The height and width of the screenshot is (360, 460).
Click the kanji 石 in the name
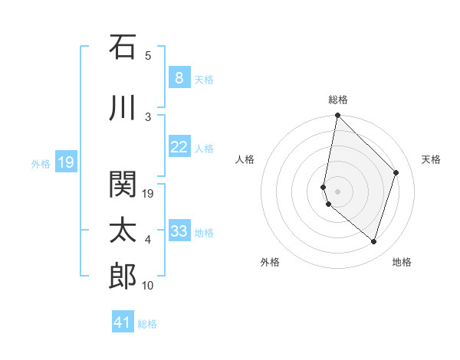pyautogui.click(x=123, y=47)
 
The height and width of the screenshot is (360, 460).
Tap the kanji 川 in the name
pyautogui.click(x=123, y=109)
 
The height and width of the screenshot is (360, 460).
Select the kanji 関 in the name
pyautogui.click(x=123, y=185)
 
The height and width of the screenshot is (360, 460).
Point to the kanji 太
pyautogui.click(x=123, y=230)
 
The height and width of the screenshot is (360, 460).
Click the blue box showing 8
pyautogui.click(x=179, y=77)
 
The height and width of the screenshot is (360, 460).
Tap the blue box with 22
pyautogui.click(x=179, y=147)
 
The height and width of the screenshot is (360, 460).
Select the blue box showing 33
pyautogui.click(x=179, y=231)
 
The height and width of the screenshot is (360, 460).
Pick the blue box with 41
pyautogui.click(x=123, y=322)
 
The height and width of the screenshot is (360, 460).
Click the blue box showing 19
pyautogui.click(x=65, y=162)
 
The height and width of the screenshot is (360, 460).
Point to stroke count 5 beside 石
pyautogui.click(x=148, y=56)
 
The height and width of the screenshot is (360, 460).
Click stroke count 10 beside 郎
pyautogui.click(x=148, y=286)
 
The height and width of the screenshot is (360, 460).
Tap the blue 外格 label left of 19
pyautogui.click(x=41, y=163)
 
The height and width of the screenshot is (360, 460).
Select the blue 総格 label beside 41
pyautogui.click(x=147, y=324)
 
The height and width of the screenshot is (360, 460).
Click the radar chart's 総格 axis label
pyautogui.click(x=338, y=100)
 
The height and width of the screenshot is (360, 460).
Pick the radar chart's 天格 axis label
pyautogui.click(x=432, y=159)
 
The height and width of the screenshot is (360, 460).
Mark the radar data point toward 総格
pyautogui.click(x=337, y=116)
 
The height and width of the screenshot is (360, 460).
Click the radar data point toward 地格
pyautogui.click(x=374, y=242)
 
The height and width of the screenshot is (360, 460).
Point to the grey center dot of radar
pyautogui.click(x=337, y=191)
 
